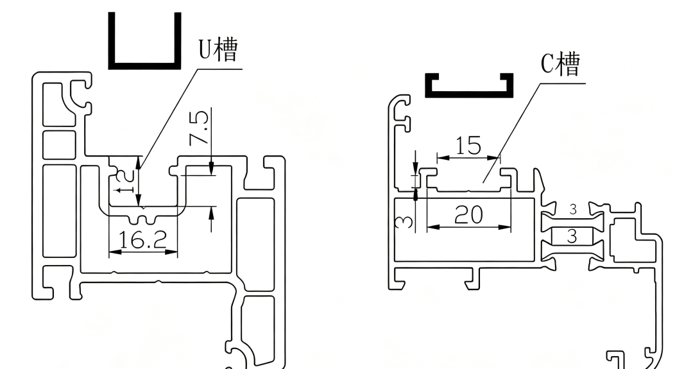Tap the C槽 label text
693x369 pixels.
pos(560,65)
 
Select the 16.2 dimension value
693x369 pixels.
pos(142,239)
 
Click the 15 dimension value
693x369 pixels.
pos(468,146)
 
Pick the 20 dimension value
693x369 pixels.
pos(468,215)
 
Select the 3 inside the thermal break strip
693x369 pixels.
pos(572,236)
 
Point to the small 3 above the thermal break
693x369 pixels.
pos(573,209)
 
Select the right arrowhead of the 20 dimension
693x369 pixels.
pos(505,227)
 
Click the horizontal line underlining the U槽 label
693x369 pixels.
pos(219,69)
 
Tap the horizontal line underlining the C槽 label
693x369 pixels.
pos(563,83)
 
